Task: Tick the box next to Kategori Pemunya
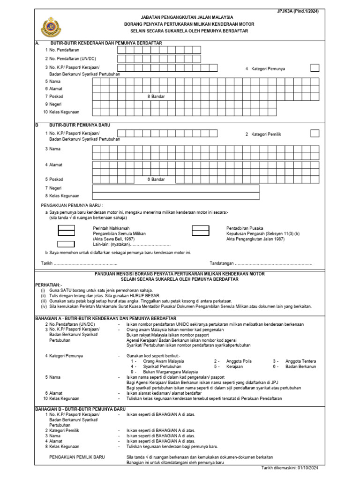coord(315,68)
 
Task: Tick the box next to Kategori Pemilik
coord(315,134)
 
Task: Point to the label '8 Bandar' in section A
coord(156,96)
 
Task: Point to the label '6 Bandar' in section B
coord(156,179)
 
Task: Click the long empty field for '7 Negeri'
coord(175,188)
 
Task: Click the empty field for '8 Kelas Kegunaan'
coord(175,196)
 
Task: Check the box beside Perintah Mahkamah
coord(66,229)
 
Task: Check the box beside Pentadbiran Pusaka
coord(201,229)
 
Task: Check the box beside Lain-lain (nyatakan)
coord(66,244)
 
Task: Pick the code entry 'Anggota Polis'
coord(239,361)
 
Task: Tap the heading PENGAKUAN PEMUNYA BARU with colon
coord(72,205)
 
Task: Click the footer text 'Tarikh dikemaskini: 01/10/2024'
coord(290,468)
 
